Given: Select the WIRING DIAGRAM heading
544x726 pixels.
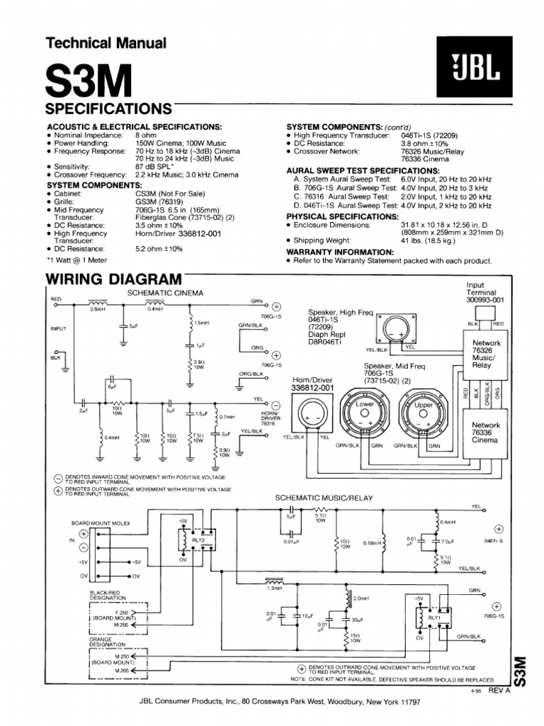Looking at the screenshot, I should (113, 279).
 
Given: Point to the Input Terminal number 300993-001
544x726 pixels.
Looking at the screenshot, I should (485, 300).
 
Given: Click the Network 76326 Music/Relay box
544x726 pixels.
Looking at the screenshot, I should (486, 354).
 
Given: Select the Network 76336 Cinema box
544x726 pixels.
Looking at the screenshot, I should (486, 432).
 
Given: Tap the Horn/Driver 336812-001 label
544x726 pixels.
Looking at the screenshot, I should (312, 384).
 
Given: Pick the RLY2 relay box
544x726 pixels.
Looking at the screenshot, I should (198, 540).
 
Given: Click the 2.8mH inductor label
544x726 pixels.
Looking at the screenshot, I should (98, 309).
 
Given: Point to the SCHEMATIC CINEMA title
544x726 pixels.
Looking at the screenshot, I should (165, 292).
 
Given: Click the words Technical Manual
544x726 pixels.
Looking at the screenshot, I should (106, 43).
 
